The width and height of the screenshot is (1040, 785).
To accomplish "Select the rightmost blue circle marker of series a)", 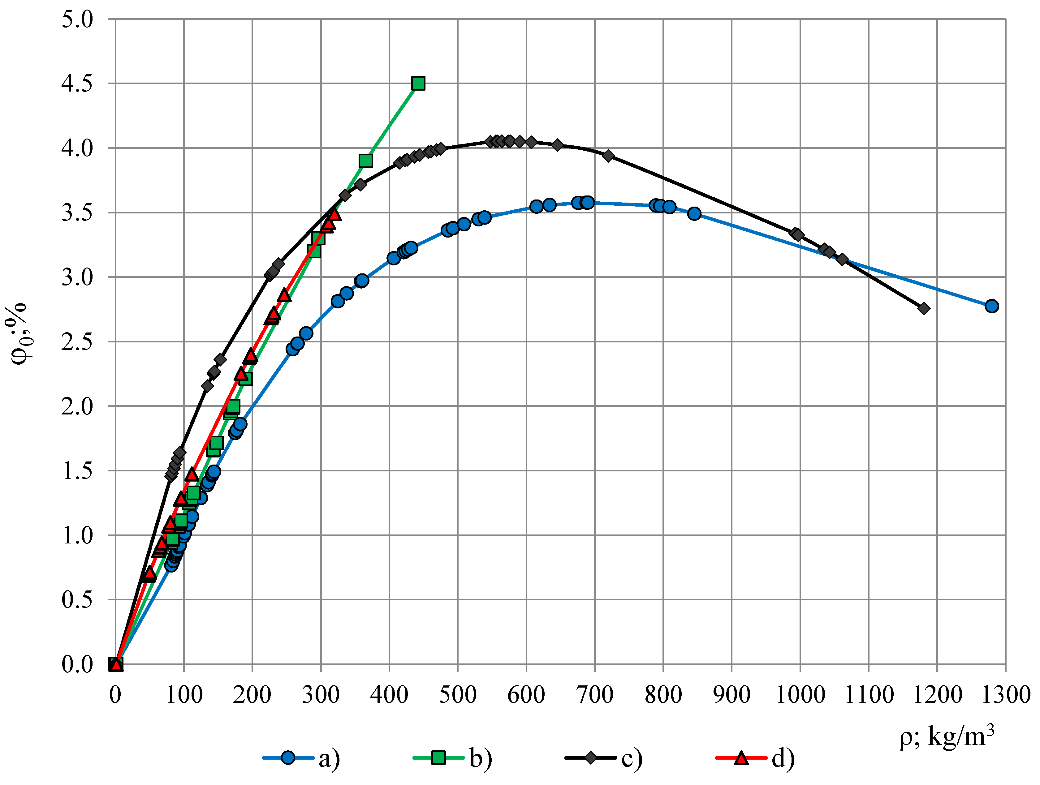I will pos(991,306).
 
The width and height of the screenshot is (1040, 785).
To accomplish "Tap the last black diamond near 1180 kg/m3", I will pos(923,308).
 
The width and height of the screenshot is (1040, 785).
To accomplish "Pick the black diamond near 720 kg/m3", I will pos(608,156).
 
